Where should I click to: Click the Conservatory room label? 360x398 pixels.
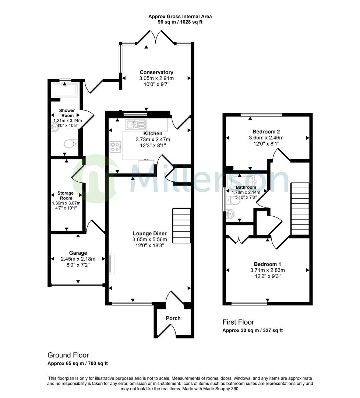click(156, 72)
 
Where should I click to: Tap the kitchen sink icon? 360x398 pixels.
click(135, 125)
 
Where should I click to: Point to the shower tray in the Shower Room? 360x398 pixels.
click(65, 89)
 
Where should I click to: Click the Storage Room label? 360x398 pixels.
click(66, 196)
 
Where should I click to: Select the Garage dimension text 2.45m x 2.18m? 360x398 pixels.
click(78, 259)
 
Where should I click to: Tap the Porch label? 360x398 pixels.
click(173, 318)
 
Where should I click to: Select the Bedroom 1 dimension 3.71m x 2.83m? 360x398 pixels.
click(267, 270)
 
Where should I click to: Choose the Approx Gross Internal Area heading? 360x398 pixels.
click(180, 17)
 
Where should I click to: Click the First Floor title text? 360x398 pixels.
click(238, 322)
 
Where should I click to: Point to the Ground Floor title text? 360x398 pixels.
click(68, 355)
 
